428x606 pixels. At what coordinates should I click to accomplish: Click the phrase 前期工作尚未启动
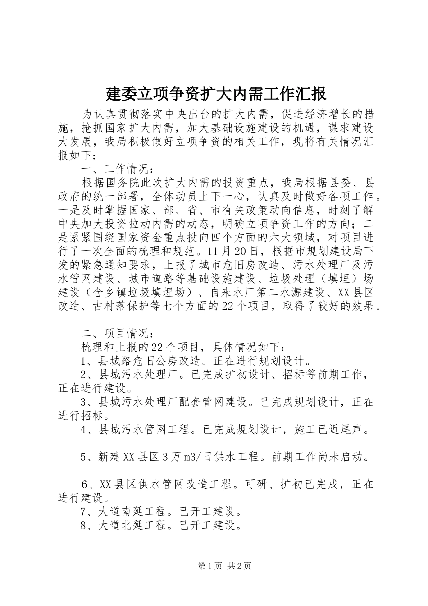(323, 457)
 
